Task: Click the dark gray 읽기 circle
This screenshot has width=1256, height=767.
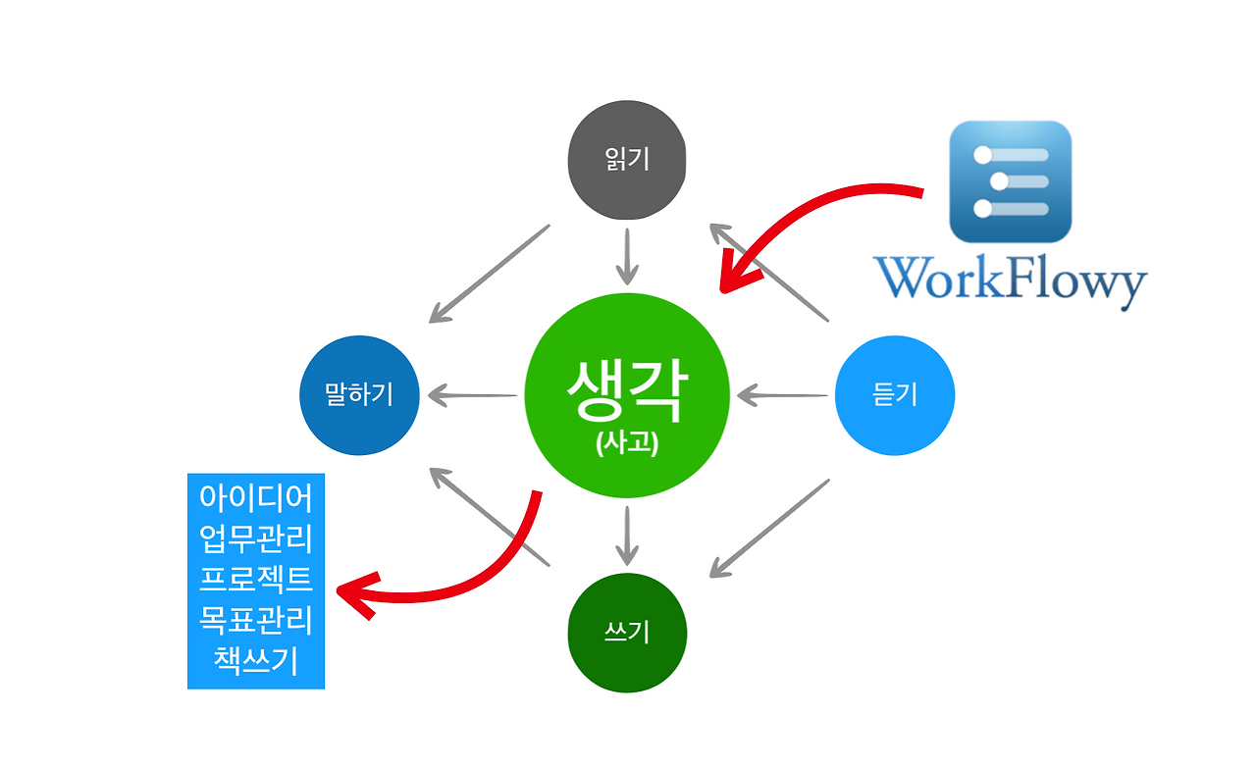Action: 626,161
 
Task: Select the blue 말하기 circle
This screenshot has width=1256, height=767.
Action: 359,395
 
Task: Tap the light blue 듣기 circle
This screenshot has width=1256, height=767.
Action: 894,395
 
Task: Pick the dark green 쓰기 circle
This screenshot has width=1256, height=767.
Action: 627,633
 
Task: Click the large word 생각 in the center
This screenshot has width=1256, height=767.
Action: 627,390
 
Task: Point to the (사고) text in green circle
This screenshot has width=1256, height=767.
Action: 627,443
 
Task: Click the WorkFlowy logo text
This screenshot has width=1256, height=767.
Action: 1010,281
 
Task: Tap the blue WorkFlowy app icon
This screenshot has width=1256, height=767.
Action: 1010,181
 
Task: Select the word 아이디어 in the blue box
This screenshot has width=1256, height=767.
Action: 256,498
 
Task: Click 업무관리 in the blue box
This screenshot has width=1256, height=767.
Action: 256,538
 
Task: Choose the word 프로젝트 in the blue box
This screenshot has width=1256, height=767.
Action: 256,579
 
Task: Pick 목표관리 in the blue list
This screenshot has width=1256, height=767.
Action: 256,619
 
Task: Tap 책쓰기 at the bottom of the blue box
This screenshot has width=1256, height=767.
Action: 256,659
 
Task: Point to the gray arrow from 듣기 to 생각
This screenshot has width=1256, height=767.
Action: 783,396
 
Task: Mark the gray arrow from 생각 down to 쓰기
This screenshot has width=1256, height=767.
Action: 627,536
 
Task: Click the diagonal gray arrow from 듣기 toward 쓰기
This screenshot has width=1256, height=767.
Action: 770,527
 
